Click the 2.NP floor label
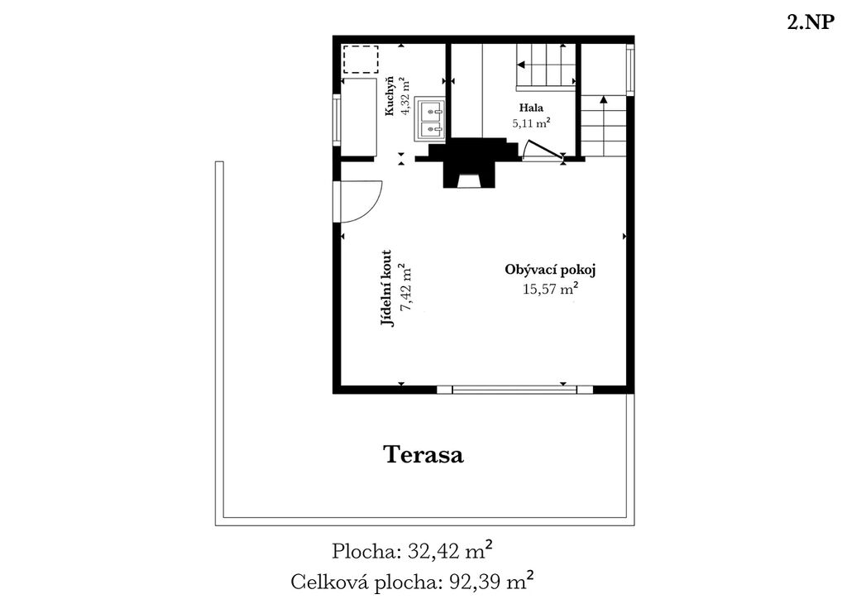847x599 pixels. pos(811,23)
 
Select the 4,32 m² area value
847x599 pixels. pos(405,98)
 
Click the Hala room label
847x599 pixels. pos(531,108)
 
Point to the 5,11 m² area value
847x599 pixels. pos(531,123)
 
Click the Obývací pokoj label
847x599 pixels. pos(550,270)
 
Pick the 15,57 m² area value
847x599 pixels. pos(550,289)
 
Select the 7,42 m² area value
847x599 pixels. pos(404,288)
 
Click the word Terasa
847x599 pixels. pos(423,454)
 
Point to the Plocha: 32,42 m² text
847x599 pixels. pos(412,552)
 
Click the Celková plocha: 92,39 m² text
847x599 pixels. pos(413,582)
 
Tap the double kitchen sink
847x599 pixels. pos(430,120)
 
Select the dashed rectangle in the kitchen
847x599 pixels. pos(361,60)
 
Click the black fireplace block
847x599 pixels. pos(469,162)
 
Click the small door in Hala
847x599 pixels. pos(543,151)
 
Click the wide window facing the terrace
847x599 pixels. pos(514,390)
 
